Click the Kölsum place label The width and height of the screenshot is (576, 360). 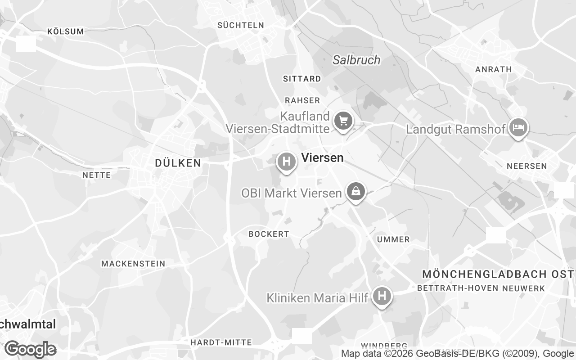pos(66,31)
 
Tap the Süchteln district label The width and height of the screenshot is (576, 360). pos(241,25)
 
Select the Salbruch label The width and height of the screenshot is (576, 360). pos(356,60)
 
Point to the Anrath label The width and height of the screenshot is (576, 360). pos(494,69)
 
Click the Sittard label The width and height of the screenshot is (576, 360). pos(302,79)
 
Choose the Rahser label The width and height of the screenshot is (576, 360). pos(302,100)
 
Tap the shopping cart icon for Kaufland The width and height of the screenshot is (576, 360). pos(343,121)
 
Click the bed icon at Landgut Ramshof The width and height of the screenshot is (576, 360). pos(518,127)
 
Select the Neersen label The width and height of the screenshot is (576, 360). pos(527,166)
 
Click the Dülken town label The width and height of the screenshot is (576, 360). pos(178,163)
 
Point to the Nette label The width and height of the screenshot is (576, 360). pos(97,175)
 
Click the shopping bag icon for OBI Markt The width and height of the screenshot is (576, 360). pos(356,192)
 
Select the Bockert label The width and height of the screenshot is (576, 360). pos(269,234)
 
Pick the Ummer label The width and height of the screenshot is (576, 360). pos(393,239)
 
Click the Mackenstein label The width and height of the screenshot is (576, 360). pos(133,264)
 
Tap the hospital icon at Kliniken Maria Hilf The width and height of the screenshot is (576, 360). pos(382,296)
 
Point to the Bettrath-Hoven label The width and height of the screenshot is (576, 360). pos(458,288)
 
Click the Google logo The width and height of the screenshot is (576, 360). pos(31,349)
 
